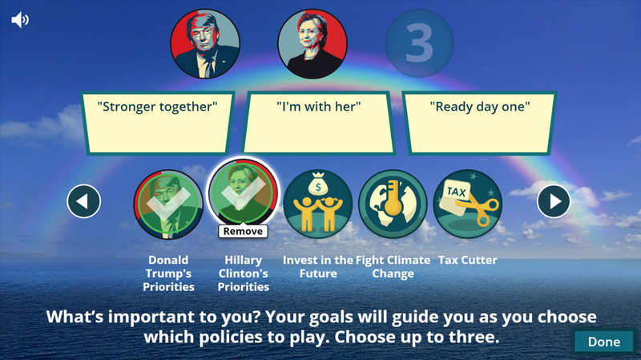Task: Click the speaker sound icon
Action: click(x=20, y=19)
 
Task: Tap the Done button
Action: click(x=604, y=342)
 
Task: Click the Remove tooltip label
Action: click(x=243, y=231)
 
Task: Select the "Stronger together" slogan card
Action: click(x=157, y=123)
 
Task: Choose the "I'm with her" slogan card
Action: click(x=318, y=123)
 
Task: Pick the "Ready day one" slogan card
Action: click(x=480, y=123)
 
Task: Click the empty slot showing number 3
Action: click(x=419, y=43)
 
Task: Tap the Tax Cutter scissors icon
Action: click(x=468, y=204)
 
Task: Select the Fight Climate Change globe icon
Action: click(x=393, y=204)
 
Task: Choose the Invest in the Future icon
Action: click(x=318, y=204)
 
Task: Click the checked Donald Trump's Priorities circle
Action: click(x=168, y=204)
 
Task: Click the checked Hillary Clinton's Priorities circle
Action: click(x=244, y=192)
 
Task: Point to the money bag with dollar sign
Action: click(x=318, y=184)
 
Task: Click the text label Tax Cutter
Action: click(x=468, y=261)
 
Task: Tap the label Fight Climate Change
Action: click(x=393, y=267)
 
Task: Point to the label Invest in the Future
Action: click(x=318, y=267)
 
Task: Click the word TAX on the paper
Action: click(x=456, y=192)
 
